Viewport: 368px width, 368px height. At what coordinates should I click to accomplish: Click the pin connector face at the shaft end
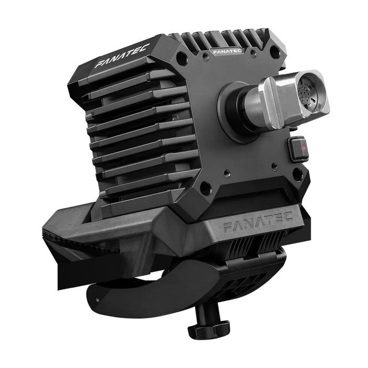point(310,95)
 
